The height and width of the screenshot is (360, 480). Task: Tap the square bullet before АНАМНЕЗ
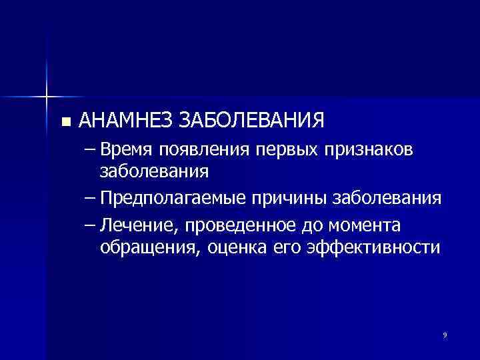pyautogui.click(x=65, y=122)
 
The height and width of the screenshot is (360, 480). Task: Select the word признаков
pyautogui.click(x=369, y=151)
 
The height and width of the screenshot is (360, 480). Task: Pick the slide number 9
pyautogui.click(x=445, y=333)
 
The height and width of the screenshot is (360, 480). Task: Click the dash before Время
pyautogui.click(x=90, y=151)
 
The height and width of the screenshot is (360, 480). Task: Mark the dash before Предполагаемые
pyautogui.click(x=90, y=199)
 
